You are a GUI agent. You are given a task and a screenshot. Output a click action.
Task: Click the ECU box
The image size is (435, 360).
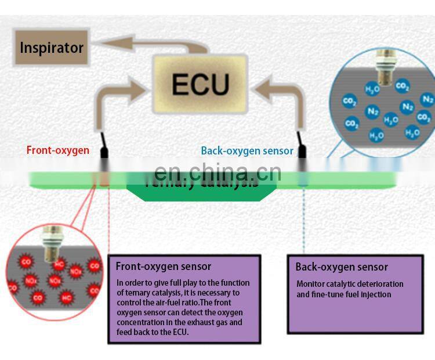tap(200, 84)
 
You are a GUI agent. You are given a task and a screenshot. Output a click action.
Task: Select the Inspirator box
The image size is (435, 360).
tap(51, 47)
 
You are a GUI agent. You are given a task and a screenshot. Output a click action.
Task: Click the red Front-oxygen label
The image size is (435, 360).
tap(58, 150)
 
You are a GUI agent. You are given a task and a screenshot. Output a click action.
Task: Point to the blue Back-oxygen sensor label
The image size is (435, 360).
tap(247, 151)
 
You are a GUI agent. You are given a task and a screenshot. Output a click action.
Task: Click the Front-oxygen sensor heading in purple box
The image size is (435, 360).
tap(164, 267)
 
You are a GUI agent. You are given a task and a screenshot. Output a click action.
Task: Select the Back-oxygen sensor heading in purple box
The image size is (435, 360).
tap(342, 267)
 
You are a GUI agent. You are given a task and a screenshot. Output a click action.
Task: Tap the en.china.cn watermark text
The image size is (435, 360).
tap(218, 173)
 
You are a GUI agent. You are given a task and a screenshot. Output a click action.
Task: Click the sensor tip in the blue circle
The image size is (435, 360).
tap(383, 70)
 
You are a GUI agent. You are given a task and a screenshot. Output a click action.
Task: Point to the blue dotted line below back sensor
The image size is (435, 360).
tap(303, 221)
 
